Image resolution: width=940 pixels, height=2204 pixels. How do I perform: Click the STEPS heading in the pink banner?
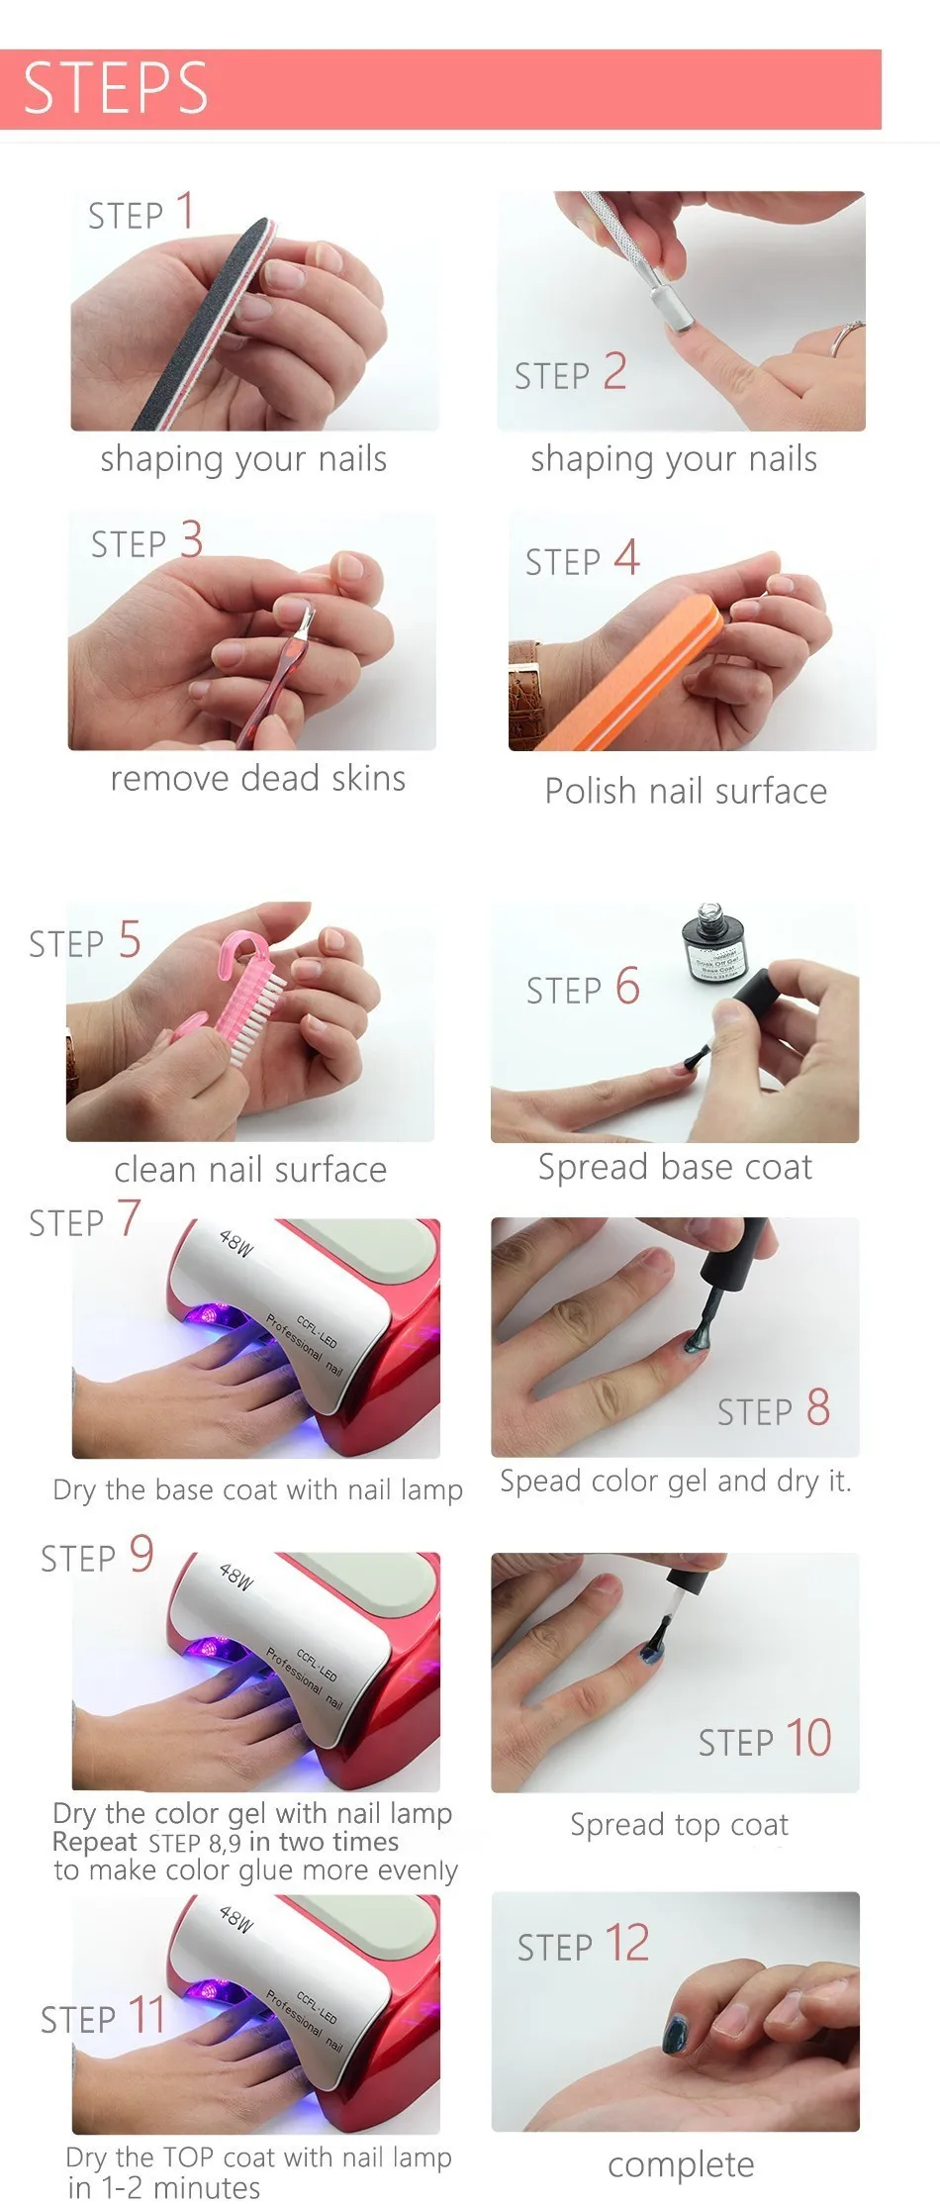click(116, 88)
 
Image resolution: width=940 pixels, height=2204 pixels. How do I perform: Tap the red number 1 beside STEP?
click(184, 211)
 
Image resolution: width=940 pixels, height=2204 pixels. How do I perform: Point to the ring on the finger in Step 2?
click(843, 336)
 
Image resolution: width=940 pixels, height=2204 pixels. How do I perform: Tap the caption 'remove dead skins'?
click(257, 779)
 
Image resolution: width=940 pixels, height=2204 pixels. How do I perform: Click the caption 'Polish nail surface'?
click(685, 792)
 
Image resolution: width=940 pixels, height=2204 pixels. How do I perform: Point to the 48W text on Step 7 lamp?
click(236, 1242)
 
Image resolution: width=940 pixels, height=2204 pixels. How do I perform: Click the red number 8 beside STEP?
click(817, 1407)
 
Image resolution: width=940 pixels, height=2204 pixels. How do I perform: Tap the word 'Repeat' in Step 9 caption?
click(94, 1842)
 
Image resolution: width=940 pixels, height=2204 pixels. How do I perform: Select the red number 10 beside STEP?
click(808, 1738)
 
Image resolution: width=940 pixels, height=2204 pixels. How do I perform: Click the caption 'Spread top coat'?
click(679, 1825)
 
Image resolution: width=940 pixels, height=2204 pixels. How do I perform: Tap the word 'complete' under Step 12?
click(681, 2164)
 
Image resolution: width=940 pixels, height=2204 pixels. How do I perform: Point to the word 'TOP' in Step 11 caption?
click(187, 2156)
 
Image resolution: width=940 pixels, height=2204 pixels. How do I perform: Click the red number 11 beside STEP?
click(146, 2015)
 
